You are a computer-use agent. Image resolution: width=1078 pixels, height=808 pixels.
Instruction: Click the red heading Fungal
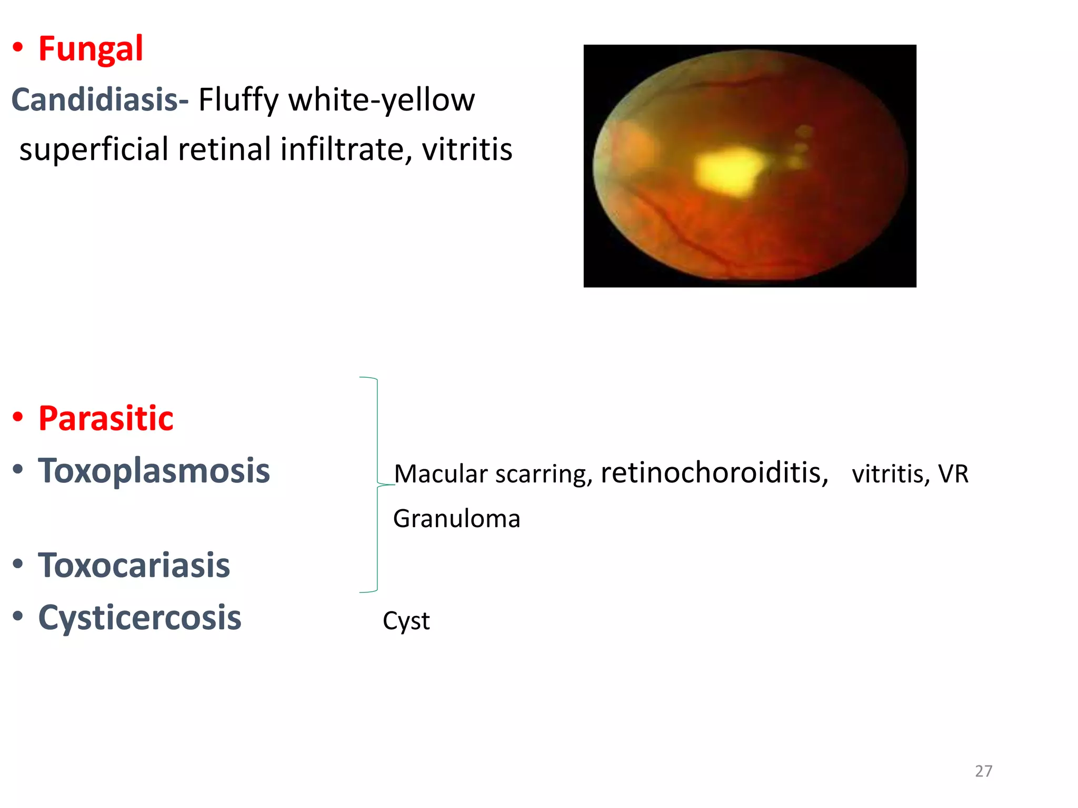tap(91, 49)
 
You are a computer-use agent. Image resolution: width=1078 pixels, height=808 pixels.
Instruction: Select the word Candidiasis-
tap(99, 99)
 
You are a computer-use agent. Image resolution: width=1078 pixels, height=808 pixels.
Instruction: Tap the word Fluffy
tap(237, 100)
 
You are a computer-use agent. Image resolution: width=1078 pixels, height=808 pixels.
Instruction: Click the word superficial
tap(94, 149)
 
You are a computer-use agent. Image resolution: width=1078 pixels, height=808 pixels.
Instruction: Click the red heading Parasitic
tap(106, 419)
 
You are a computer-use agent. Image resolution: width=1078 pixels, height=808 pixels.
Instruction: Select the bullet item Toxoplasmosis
tap(154, 470)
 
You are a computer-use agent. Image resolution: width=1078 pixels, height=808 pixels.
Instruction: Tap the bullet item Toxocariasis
tap(134, 565)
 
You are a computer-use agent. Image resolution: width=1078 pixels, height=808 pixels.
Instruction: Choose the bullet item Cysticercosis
tap(139, 618)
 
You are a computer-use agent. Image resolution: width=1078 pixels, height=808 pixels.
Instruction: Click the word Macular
tap(441, 473)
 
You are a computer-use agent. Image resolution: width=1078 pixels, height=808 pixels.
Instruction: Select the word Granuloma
tap(456, 519)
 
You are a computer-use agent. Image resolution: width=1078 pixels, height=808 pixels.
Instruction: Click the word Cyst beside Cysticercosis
tap(406, 621)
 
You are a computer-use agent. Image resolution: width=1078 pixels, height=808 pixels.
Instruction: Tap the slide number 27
tap(983, 771)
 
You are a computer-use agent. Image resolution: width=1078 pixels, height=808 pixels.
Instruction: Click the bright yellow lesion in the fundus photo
tap(729, 170)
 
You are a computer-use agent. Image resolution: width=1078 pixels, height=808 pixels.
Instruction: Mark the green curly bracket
tap(376, 484)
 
